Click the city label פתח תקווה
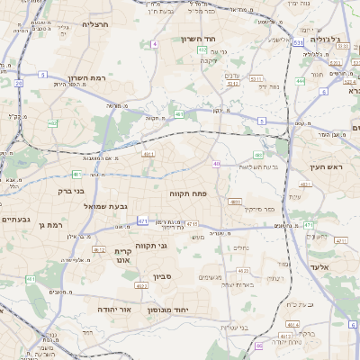click(187, 193)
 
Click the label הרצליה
click(94, 24)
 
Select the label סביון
click(162, 276)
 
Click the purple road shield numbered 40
click(217, 164)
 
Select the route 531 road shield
click(298, 42)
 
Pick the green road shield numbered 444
click(300, 81)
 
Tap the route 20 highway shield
click(18, 84)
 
